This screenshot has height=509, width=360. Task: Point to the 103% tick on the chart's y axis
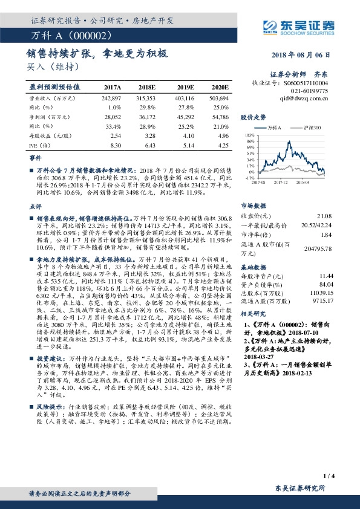pyautogui.click(x=249, y=136)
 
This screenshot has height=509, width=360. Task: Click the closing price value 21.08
pyautogui.click(x=325, y=216)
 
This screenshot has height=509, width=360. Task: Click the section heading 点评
pyautogui.click(x=35, y=207)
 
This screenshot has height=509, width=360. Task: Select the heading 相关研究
pyautogui.click(x=252, y=314)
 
